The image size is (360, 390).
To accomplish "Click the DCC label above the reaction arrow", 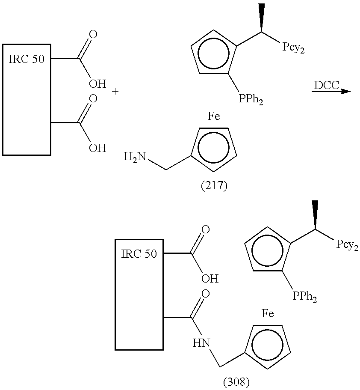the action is click(x=327, y=85).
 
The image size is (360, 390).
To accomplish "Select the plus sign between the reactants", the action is click(x=115, y=92).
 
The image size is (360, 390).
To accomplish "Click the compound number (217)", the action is click(x=214, y=186).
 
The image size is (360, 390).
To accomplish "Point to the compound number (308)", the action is click(x=236, y=383).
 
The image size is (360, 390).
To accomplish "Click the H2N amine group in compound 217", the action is click(x=135, y=157).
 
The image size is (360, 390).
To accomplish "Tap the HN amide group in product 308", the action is click(x=201, y=343).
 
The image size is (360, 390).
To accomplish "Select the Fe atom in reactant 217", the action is click(x=214, y=116).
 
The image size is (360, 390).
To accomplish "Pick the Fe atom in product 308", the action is click(x=268, y=313).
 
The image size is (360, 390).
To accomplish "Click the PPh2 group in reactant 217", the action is click(x=251, y=99).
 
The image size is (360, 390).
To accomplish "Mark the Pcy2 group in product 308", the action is click(x=347, y=244).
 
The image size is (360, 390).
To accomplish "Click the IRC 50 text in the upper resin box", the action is click(x=27, y=59).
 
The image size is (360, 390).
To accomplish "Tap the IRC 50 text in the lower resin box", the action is click(x=139, y=254).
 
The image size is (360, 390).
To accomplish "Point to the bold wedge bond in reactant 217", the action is click(x=261, y=18).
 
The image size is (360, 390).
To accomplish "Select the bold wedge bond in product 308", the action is click(x=315, y=214).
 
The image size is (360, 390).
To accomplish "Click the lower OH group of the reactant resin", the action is click(x=97, y=148).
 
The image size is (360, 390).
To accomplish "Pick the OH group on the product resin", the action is click(x=210, y=279).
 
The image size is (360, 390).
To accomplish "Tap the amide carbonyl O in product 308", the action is click(x=206, y=294).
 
